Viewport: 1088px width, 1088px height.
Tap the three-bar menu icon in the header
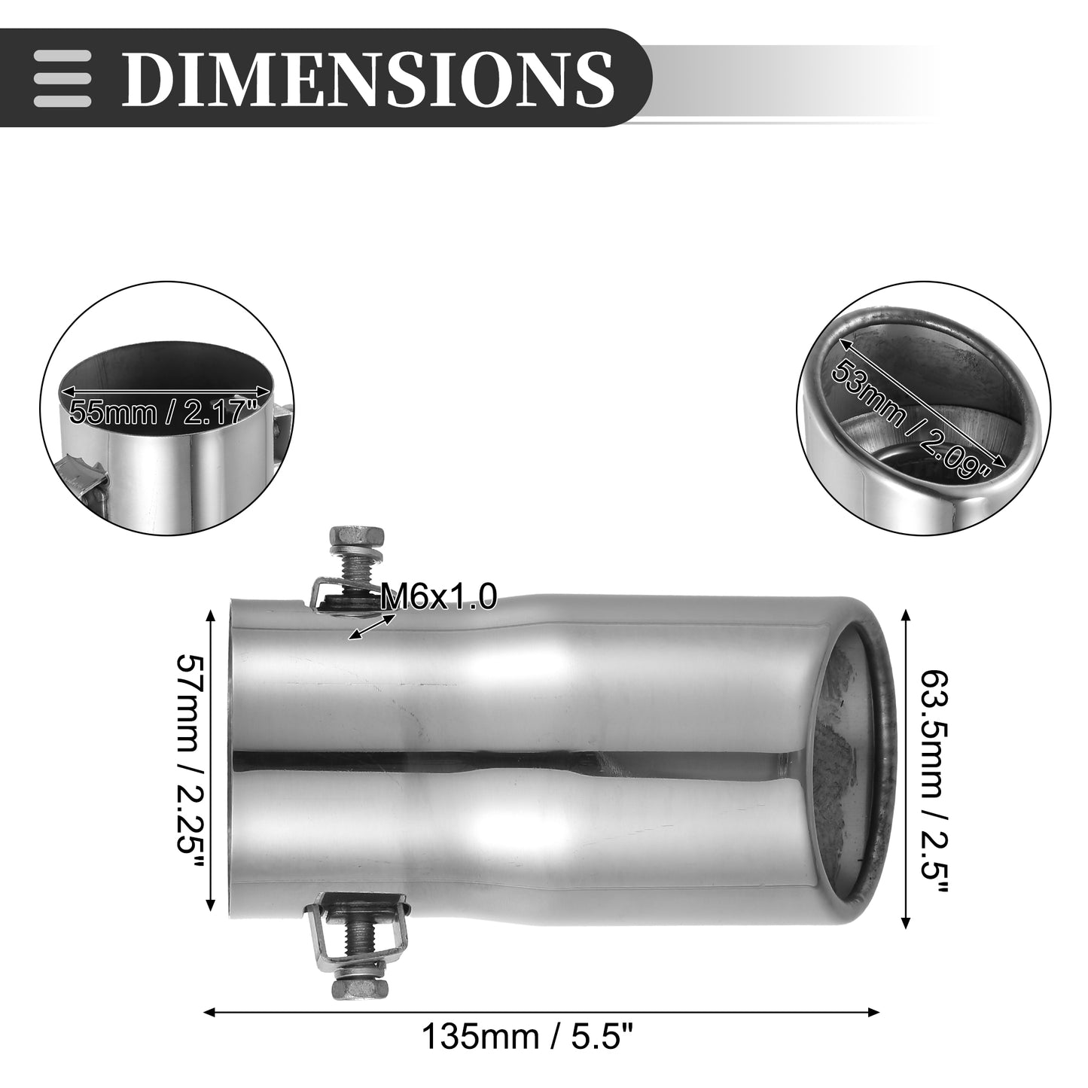(x=62, y=78)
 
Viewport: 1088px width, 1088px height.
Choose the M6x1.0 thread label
(x=439, y=597)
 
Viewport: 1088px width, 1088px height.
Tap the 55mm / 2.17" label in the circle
(x=163, y=413)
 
